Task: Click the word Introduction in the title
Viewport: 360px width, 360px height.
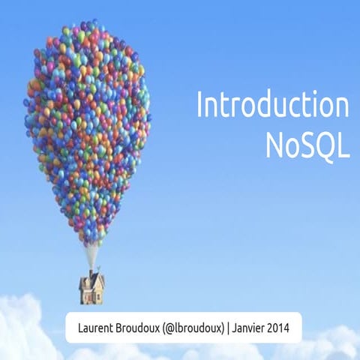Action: [272, 106]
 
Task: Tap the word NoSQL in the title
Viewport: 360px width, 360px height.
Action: [307, 145]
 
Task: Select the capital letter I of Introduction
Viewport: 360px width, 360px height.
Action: [200, 106]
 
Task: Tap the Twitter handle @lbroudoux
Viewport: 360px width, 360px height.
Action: [197, 328]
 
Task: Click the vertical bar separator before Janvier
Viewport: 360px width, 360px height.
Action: [230, 328]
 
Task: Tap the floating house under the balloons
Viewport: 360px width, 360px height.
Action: [91, 287]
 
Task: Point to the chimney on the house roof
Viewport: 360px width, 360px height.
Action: [91, 273]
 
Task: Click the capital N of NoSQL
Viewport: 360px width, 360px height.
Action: [274, 145]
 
